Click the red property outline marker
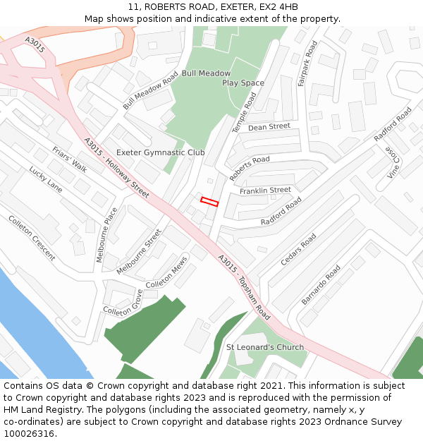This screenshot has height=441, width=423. (209, 201)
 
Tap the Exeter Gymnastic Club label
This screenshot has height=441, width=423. (160, 152)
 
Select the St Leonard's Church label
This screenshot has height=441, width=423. (264, 347)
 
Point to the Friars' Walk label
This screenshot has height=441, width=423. (70, 159)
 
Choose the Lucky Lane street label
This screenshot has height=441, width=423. (46, 179)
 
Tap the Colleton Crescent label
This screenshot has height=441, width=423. (32, 238)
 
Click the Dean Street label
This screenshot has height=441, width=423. (269, 127)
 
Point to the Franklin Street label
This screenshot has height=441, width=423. (265, 191)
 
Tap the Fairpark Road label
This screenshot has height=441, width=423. (307, 64)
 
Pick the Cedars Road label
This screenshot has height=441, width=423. (298, 250)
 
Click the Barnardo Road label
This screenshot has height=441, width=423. (321, 285)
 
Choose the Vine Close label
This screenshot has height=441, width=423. (392, 163)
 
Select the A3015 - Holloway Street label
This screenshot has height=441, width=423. (117, 168)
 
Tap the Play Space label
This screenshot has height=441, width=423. (243, 83)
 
